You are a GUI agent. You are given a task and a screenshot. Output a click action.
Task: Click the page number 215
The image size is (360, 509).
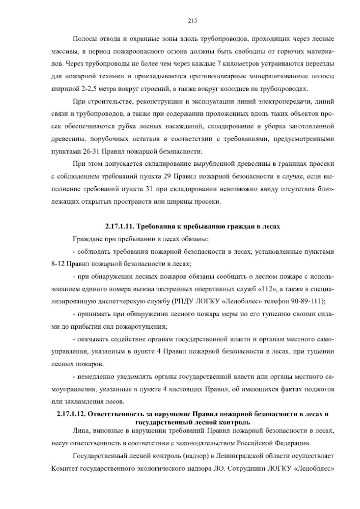(192, 21)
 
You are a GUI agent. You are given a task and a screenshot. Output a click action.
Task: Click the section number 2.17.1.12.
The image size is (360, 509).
(71, 414)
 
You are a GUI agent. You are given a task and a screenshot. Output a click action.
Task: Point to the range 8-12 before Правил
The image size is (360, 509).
(58, 264)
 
